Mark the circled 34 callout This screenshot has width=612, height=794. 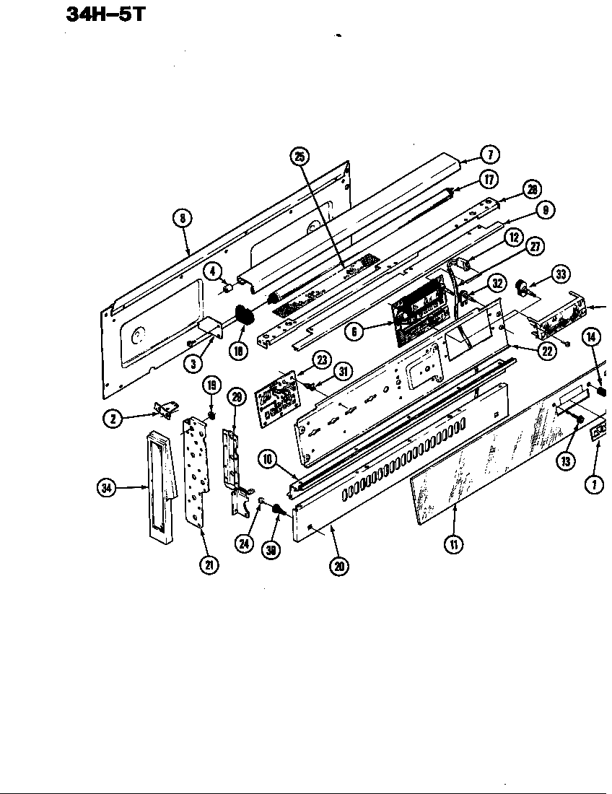pyautogui.click(x=107, y=489)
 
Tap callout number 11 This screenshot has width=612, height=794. pyautogui.click(x=453, y=544)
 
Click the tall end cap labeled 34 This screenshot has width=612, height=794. pyautogui.click(x=160, y=485)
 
